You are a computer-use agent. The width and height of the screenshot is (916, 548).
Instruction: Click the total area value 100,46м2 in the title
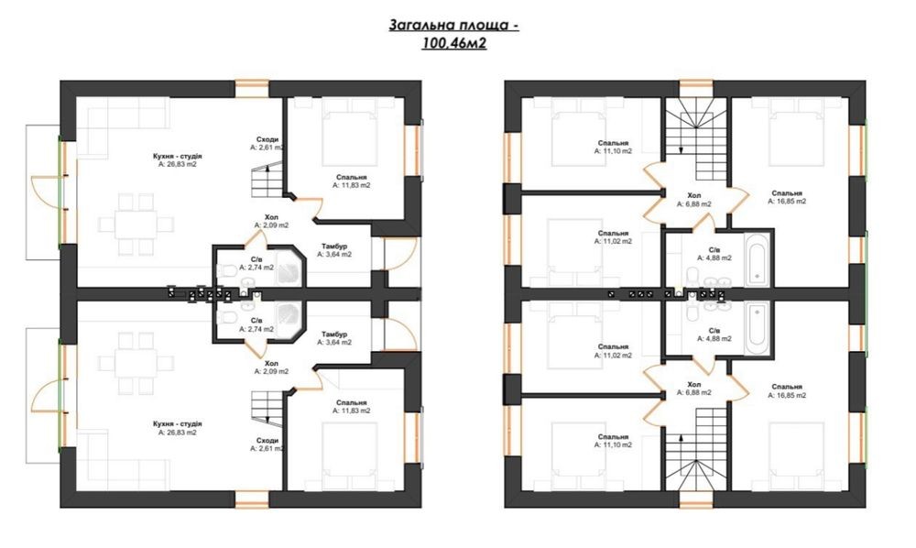pos(454,43)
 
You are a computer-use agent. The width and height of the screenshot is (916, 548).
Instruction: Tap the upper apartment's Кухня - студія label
pos(178,157)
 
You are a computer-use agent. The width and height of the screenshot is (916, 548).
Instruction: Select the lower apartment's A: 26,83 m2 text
pos(178,433)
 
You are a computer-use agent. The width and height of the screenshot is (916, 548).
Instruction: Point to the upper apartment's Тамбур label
pos(334,247)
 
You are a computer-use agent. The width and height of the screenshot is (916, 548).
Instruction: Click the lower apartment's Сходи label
pos(267,441)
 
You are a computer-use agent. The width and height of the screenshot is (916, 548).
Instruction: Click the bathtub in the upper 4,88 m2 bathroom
pos(758,258)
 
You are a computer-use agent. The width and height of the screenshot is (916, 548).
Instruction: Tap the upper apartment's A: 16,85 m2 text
pos(787,201)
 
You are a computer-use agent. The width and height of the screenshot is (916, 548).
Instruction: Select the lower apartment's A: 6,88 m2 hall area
pos(694,392)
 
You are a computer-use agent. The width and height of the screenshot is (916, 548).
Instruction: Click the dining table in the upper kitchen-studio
pos(136,224)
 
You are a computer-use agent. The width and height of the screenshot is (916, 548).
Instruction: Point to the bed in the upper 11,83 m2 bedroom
pos(349,133)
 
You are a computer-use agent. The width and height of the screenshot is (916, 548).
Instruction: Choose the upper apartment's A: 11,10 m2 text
pos(614,150)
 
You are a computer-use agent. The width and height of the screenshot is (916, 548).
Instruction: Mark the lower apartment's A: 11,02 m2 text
pos(614,356)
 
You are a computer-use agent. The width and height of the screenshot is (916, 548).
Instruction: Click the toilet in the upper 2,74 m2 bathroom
pos(228,270)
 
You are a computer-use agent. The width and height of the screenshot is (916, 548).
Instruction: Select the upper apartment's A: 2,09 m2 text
pos(271,225)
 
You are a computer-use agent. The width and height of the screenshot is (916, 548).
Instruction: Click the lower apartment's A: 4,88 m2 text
pos(714,338)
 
